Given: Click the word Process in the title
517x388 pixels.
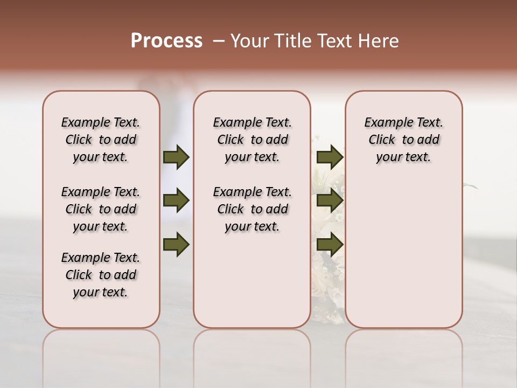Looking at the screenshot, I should tap(166, 41).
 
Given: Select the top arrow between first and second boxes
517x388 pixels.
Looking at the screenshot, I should tap(176, 157).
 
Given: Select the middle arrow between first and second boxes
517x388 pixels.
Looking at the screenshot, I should tap(176, 201).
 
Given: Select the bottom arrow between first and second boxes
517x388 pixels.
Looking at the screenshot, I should tap(176, 244).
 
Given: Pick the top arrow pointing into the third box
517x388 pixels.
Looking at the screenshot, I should tap(330, 157).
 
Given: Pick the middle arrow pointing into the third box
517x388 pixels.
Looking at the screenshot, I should tap(330, 201).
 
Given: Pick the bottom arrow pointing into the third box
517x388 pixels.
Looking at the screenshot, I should tap(330, 244).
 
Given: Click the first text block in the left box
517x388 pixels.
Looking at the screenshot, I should tap(101, 140).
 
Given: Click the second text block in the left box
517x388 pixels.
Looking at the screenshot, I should tap(101, 209).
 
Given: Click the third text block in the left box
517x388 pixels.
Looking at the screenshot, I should tap(101, 275).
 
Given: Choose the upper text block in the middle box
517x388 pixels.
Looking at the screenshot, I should tap(253, 140).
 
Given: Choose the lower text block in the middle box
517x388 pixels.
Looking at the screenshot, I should tap(253, 209).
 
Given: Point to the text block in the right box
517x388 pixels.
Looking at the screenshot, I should tap(404, 140).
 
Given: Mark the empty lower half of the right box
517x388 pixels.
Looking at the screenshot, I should tap(404, 253).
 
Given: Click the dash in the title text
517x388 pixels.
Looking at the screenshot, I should tap(218, 41).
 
